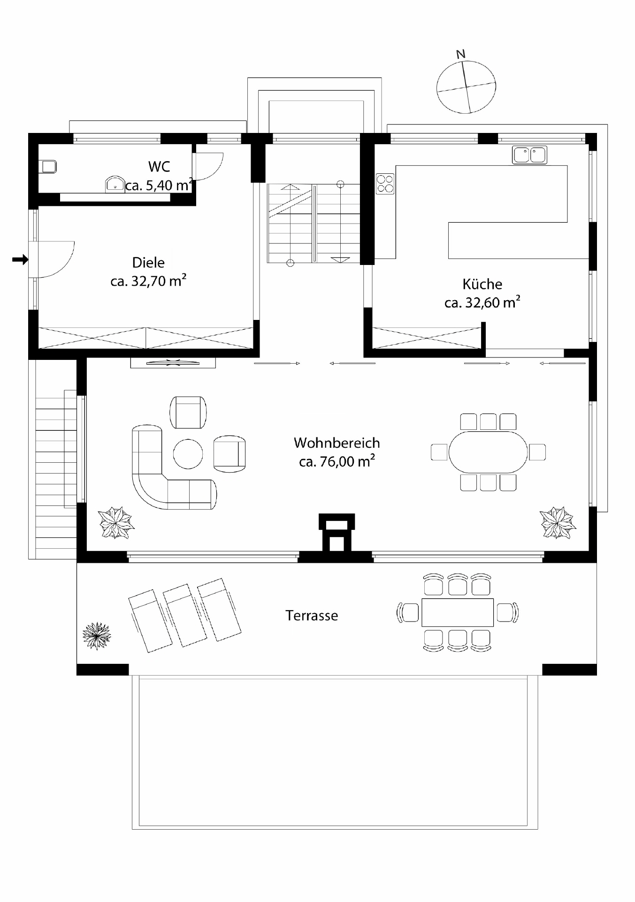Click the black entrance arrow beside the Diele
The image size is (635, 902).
20,259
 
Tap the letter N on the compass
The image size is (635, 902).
461,54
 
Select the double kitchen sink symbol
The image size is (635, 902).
529,155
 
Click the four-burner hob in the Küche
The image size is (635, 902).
385,184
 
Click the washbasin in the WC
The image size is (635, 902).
115,184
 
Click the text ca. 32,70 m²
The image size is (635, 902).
148,281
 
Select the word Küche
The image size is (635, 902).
482,284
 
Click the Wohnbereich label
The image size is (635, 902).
337,443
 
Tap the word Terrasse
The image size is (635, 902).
312,615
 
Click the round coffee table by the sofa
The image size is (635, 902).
188,454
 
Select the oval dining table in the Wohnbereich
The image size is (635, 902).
488,452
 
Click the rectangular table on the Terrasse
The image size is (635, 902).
458,613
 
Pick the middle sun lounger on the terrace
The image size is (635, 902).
184,615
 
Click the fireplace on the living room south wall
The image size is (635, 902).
336,533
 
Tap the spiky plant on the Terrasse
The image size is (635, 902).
97,636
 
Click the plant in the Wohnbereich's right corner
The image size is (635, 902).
558,522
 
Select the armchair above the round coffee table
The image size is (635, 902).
188,412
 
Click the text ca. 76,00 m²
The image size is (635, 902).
337,462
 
